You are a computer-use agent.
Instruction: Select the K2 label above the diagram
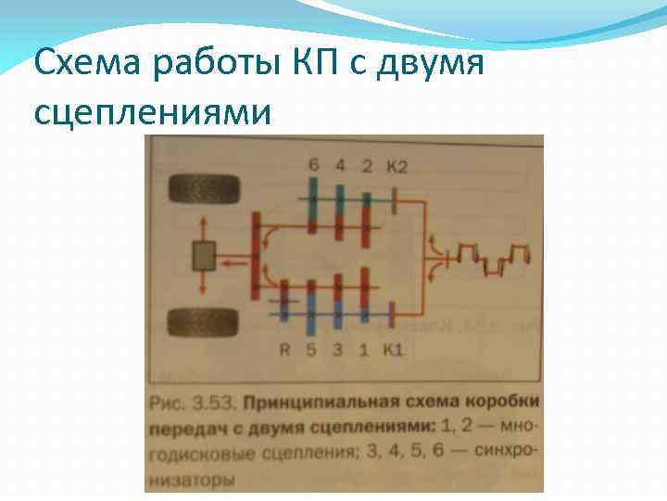[397, 166]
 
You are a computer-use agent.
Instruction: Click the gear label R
[285, 350]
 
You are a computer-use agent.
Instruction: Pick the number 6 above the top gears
[314, 166]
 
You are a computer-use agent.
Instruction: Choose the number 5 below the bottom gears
[311, 350]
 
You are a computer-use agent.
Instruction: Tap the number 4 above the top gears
[340, 166]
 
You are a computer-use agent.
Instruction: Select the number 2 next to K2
[367, 166]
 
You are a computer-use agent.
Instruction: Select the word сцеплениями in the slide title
[152, 111]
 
